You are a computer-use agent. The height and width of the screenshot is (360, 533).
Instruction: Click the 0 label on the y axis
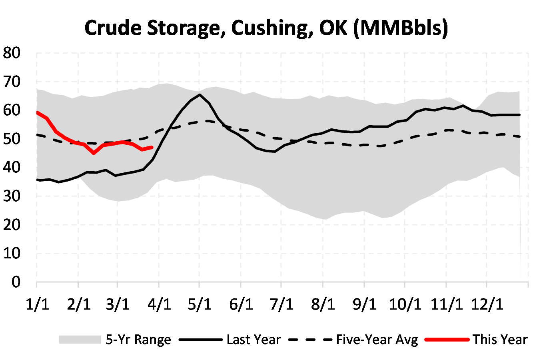coord(16,282)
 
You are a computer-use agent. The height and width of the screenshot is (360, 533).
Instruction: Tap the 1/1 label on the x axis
coord(37,304)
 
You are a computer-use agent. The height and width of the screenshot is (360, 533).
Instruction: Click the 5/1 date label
coord(200,304)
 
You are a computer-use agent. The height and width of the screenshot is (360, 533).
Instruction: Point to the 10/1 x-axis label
coord(405,304)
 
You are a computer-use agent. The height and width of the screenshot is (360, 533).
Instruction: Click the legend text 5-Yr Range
coord(138,340)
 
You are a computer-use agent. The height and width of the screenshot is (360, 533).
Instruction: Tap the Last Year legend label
coord(254,340)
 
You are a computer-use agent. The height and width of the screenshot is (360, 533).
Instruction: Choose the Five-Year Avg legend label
coord(377,340)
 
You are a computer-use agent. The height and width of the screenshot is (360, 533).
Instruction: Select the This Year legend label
coord(500,340)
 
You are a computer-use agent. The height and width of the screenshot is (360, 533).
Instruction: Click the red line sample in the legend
coord(447,340)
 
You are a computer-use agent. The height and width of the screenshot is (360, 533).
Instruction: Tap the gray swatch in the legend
coord(80,340)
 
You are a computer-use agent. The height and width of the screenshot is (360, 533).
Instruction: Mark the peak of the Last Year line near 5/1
coord(200,95)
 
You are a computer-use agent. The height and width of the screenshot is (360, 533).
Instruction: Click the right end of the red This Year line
coord(152,147)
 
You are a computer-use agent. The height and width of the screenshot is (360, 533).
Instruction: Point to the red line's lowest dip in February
coord(94,153)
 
